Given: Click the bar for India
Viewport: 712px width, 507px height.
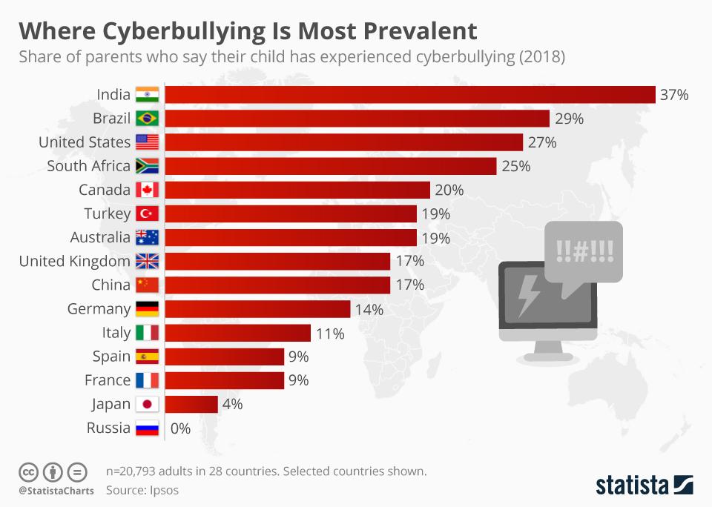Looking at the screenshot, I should [x=409, y=95].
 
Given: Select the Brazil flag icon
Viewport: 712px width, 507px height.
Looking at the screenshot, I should [x=147, y=119].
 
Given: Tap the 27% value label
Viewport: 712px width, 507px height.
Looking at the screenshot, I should [x=542, y=142].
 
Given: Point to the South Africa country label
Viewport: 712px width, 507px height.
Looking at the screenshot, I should [x=88, y=166].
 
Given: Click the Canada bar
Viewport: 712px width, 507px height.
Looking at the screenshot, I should [x=297, y=190].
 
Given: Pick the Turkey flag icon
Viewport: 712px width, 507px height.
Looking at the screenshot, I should [x=147, y=213].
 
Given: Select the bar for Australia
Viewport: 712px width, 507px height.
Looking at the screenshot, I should [x=290, y=237].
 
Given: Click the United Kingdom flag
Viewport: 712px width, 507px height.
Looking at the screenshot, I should [x=147, y=261].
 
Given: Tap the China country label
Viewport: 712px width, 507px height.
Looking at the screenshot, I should [x=111, y=285].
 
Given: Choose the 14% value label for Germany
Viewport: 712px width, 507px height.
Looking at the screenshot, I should [x=369, y=309].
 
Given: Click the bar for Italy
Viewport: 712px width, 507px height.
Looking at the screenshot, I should [x=237, y=333].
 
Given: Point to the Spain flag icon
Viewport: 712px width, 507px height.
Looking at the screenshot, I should [x=147, y=357].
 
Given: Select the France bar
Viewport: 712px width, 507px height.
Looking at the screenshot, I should [x=224, y=380].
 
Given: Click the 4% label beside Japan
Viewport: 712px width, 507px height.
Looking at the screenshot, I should [x=232, y=404].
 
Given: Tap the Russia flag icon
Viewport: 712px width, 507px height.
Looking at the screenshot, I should [x=147, y=428].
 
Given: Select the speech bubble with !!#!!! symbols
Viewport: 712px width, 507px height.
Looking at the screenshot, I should [x=583, y=253].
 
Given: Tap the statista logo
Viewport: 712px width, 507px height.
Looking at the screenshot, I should [x=644, y=486].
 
